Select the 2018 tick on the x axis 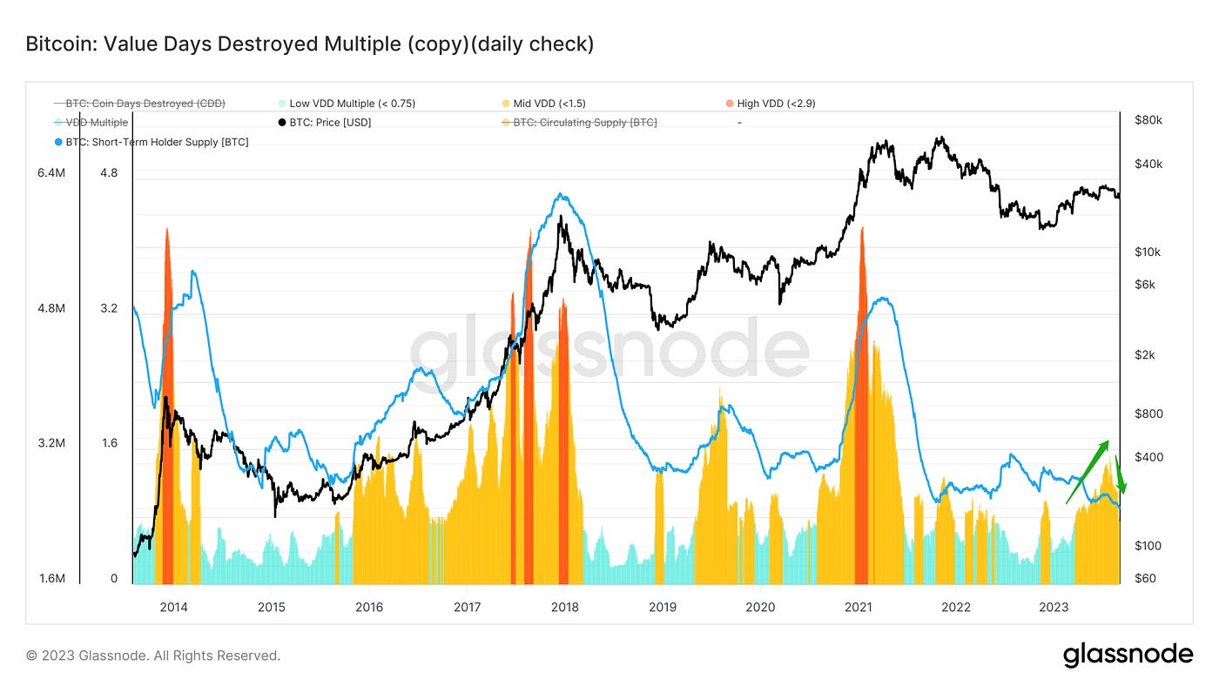(x=564, y=606)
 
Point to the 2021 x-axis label (x=859, y=606)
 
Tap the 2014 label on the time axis (x=173, y=606)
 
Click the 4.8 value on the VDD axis (x=109, y=173)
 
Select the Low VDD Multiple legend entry (x=352, y=104)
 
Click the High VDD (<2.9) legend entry (x=776, y=104)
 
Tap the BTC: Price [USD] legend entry (x=330, y=123)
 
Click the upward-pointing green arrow (x=1088, y=471)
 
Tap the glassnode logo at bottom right (x=1128, y=655)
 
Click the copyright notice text (x=153, y=656)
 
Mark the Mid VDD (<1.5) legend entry (x=549, y=104)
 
